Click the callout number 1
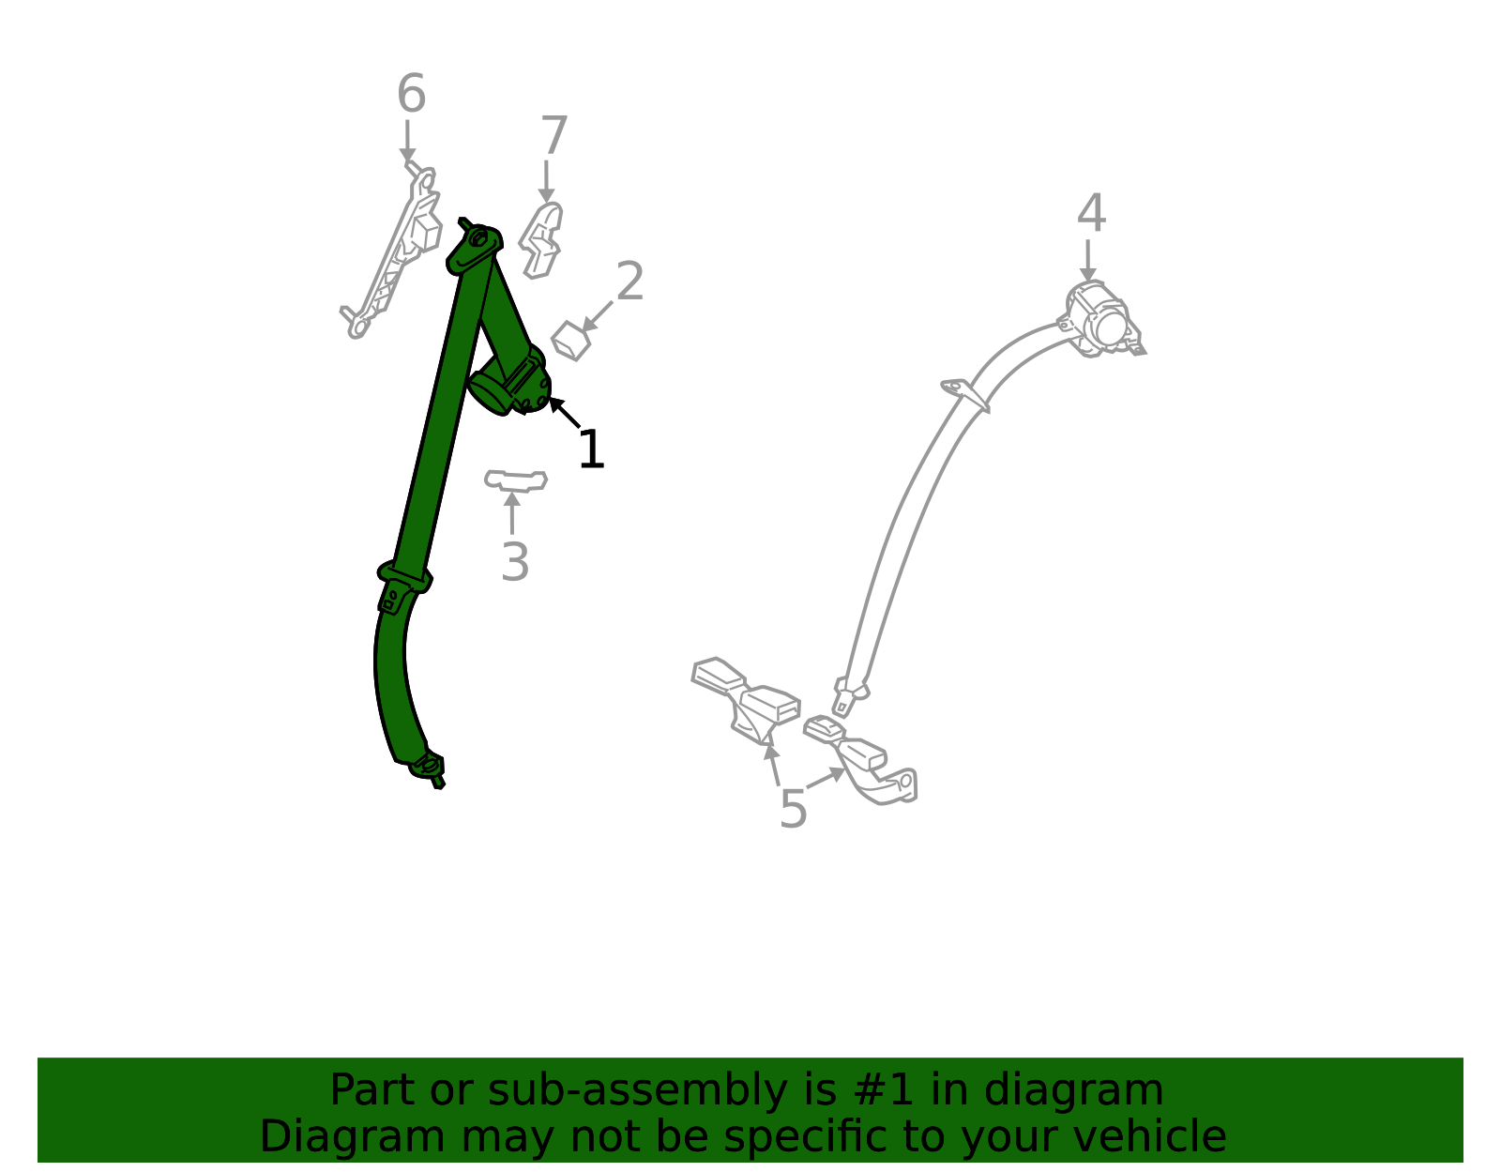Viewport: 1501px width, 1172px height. point(591,449)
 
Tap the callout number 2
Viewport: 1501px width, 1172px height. point(629,281)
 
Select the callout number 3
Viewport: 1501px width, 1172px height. point(515,561)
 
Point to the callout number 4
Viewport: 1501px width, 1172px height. point(1091,213)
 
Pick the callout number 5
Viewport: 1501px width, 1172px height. point(793,809)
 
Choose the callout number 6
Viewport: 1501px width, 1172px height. point(411,93)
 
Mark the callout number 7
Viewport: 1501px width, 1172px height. point(554,135)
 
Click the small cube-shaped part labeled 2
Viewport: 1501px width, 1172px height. point(570,341)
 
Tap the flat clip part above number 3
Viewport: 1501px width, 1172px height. point(516,480)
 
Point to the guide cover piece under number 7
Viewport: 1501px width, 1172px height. point(541,240)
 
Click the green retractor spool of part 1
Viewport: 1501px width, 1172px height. point(509,384)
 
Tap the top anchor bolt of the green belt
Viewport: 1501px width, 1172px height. point(478,239)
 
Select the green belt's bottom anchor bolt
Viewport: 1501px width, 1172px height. point(429,765)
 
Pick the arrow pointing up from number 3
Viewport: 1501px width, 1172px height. point(512,513)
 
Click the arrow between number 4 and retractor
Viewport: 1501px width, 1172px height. point(1088,260)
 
